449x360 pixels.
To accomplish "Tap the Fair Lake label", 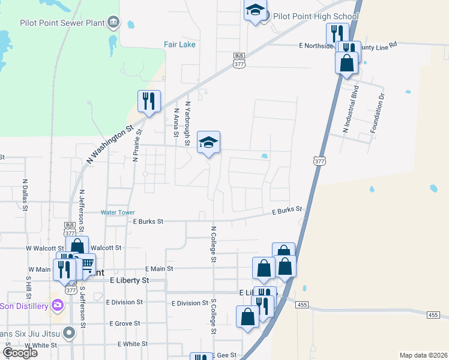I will pyautogui.click(x=180, y=44).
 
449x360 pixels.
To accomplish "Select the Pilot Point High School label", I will pyautogui.click(x=316, y=16).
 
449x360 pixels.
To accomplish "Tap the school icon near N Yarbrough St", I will pyautogui.click(x=208, y=142).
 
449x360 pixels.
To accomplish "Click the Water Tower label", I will pyautogui.click(x=118, y=212).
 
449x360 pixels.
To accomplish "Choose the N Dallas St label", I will pyautogui.click(x=25, y=194).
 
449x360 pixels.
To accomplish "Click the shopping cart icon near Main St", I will pyautogui.click(x=86, y=263).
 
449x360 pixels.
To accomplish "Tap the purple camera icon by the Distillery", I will pyautogui.click(x=58, y=305).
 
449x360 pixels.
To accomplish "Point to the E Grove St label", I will pyautogui.click(x=124, y=323).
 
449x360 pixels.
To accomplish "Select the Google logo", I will pyautogui.click(x=20, y=353).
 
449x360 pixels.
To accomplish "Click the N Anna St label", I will pyautogui.click(x=176, y=122).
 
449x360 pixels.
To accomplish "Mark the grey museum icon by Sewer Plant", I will pyautogui.click(x=114, y=23).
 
